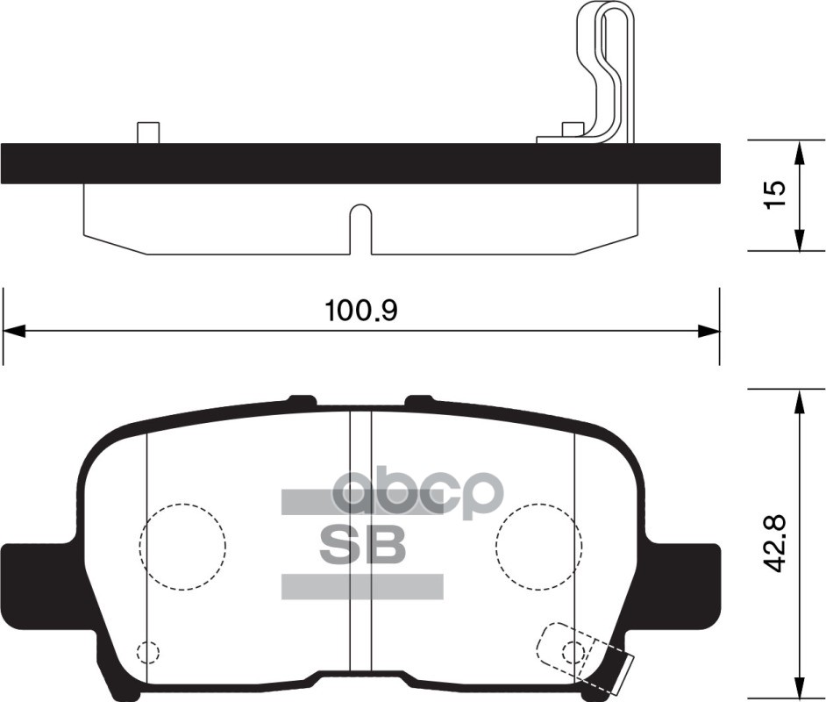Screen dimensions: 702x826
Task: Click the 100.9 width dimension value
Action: pos(361,311)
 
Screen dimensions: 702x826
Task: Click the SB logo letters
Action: pos(362,545)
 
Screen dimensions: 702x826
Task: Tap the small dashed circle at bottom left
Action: pos(148,652)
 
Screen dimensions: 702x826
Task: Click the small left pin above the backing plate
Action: pos(148,133)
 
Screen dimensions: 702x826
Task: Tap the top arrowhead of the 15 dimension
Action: pos(799,150)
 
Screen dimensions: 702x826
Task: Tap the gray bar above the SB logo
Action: pos(361,502)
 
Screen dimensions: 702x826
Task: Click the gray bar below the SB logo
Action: pos(361,586)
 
